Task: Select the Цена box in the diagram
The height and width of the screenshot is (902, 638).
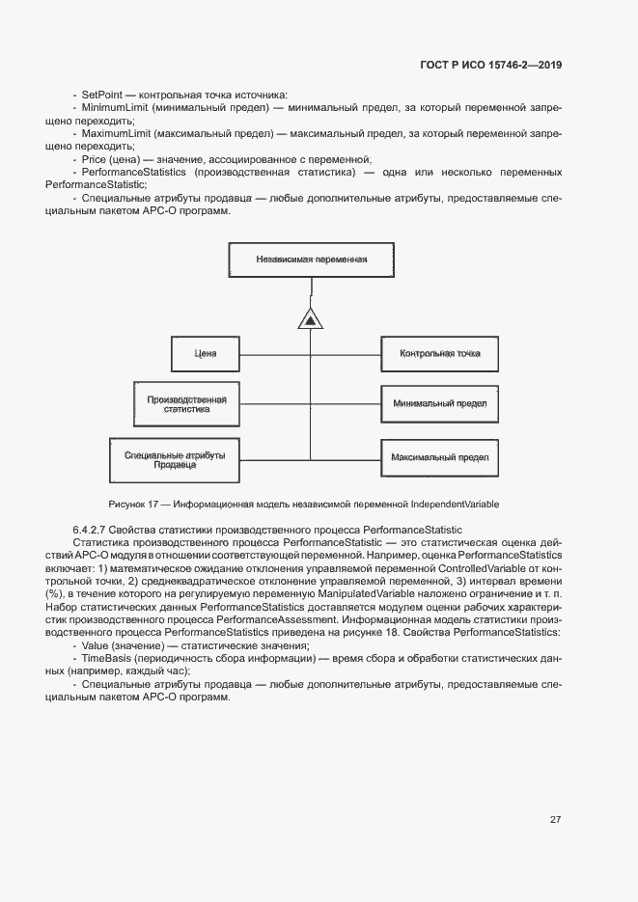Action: (x=206, y=354)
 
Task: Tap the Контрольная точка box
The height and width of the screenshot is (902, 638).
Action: (x=439, y=354)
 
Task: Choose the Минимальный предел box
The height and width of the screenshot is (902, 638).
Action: (x=439, y=403)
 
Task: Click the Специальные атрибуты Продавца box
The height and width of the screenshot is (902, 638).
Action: (x=175, y=459)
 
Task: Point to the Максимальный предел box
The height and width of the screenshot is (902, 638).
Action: (x=439, y=456)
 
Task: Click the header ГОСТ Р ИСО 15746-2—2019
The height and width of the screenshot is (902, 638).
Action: (x=491, y=66)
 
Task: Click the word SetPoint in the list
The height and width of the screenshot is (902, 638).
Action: (x=101, y=95)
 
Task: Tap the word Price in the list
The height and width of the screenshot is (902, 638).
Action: (x=94, y=158)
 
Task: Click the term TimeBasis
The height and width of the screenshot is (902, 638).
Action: (x=105, y=658)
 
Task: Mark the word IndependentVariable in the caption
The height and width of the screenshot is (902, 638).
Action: (x=455, y=505)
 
